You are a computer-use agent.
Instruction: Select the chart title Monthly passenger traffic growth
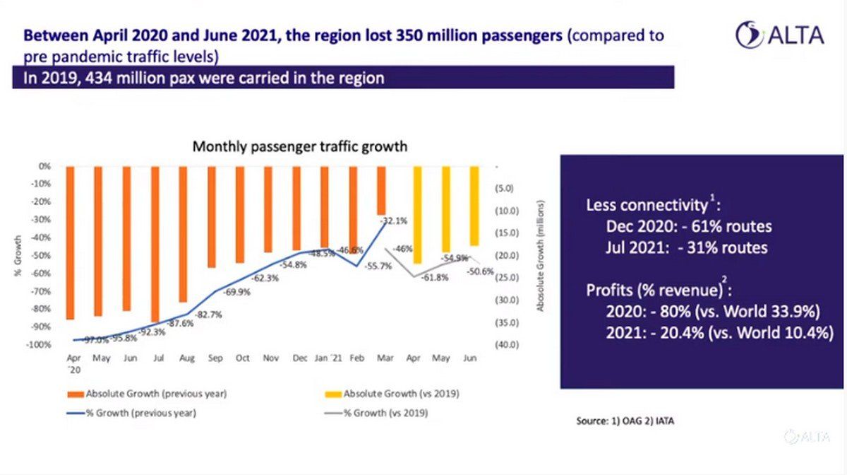pos(300,147)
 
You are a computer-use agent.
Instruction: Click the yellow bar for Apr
pos(417,215)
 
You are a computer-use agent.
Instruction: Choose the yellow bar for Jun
pos(474,206)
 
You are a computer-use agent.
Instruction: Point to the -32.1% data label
pos(395,221)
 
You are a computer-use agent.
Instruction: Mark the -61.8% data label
pos(435,278)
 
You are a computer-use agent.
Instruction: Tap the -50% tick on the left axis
pos(43,256)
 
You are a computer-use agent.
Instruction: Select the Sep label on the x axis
pos(215,358)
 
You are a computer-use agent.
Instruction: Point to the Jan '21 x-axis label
pos(328,358)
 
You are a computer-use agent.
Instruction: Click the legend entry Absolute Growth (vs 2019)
pos(400,393)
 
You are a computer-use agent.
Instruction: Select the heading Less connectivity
pos(646,206)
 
